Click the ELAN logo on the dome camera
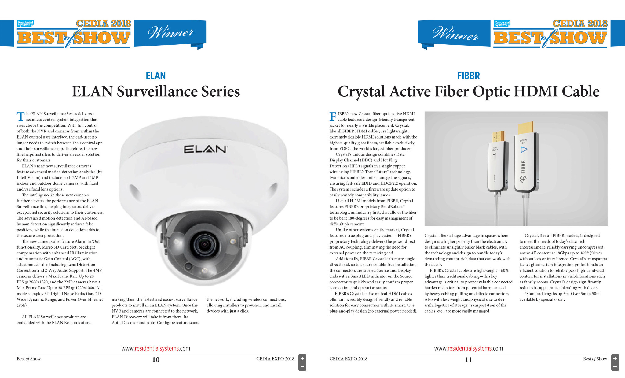pos(205,149)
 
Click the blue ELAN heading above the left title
pos(155,76)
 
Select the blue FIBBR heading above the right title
pos(468,76)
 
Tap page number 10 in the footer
pos(156,360)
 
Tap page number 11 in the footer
pos(468,360)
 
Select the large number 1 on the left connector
pos(495,157)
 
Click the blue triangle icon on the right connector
pos(524,150)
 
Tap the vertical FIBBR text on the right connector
pos(523,167)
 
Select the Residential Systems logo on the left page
pos(25,23)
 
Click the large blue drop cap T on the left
pos(20,117)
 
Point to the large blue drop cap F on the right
pos(333,117)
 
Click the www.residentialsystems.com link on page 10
pos(155,348)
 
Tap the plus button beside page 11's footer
pos(615,358)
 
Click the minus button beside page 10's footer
pos(302,367)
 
